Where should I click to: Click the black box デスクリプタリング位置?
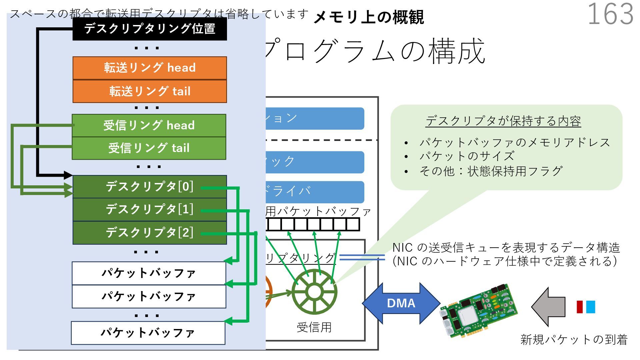tap(150, 29)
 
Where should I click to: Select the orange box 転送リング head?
tap(150, 68)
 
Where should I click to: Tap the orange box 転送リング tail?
tap(150, 91)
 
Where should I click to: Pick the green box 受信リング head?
tap(149, 125)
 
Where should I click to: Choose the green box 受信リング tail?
tap(149, 148)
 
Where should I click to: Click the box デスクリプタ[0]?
tap(150, 187)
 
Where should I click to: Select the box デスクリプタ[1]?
tap(150, 209)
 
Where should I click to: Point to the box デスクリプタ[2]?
tap(150, 233)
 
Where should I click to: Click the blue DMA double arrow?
tap(401, 303)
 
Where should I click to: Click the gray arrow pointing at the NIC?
tap(548, 307)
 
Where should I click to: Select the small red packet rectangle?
tap(580, 307)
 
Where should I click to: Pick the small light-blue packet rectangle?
tap(590, 307)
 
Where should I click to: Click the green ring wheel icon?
tap(314, 292)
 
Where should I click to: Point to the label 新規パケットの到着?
tap(574, 339)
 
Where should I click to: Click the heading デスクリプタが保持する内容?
tap(503, 121)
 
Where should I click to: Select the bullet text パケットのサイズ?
tap(467, 156)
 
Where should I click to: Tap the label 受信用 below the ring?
tap(314, 327)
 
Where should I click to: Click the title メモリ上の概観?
tap(369, 17)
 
